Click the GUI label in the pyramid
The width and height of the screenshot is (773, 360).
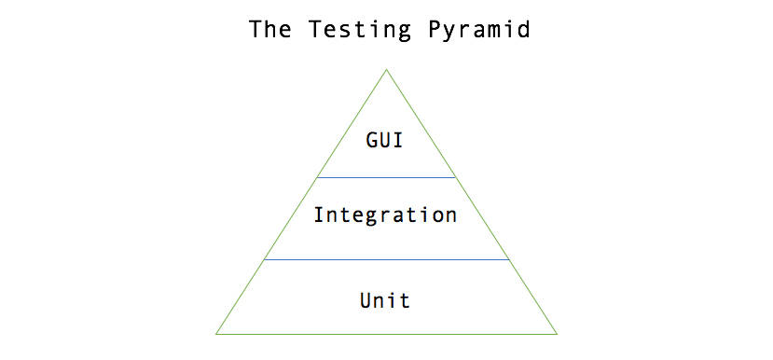(x=385, y=143)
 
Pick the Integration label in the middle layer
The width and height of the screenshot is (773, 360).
(x=385, y=215)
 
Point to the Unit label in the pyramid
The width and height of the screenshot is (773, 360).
(x=385, y=300)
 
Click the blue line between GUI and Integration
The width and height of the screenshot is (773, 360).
(x=386, y=176)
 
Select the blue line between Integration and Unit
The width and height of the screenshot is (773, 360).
(x=386, y=260)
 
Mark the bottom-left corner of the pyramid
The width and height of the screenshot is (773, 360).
(x=216, y=333)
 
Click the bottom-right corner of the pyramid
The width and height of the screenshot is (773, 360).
(x=557, y=333)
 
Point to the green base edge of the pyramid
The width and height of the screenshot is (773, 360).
(x=386, y=333)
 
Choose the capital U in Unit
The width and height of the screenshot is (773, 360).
(x=365, y=300)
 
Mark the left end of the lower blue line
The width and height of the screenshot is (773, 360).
(x=265, y=260)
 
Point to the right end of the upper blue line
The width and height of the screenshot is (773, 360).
(x=455, y=176)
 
